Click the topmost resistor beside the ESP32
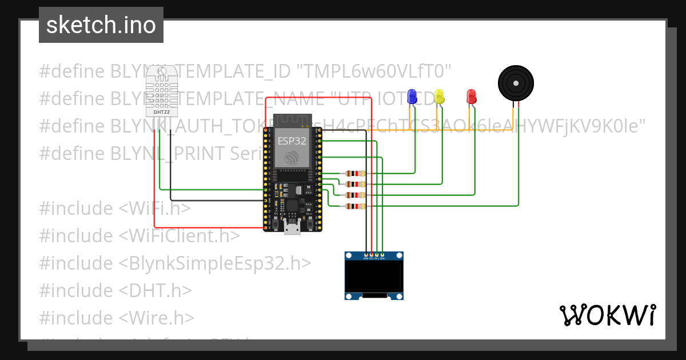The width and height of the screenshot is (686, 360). (356, 174)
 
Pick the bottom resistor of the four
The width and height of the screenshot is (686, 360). (356, 206)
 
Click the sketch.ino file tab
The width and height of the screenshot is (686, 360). (101, 25)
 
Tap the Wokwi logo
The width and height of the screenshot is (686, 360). (607, 315)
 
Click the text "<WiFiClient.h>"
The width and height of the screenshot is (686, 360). (180, 235)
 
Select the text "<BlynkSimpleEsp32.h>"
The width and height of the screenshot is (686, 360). (216, 263)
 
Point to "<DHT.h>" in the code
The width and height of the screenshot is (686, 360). (155, 290)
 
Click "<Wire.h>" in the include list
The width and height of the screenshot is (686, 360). (157, 318)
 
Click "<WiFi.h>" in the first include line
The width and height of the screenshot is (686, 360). (155, 209)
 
